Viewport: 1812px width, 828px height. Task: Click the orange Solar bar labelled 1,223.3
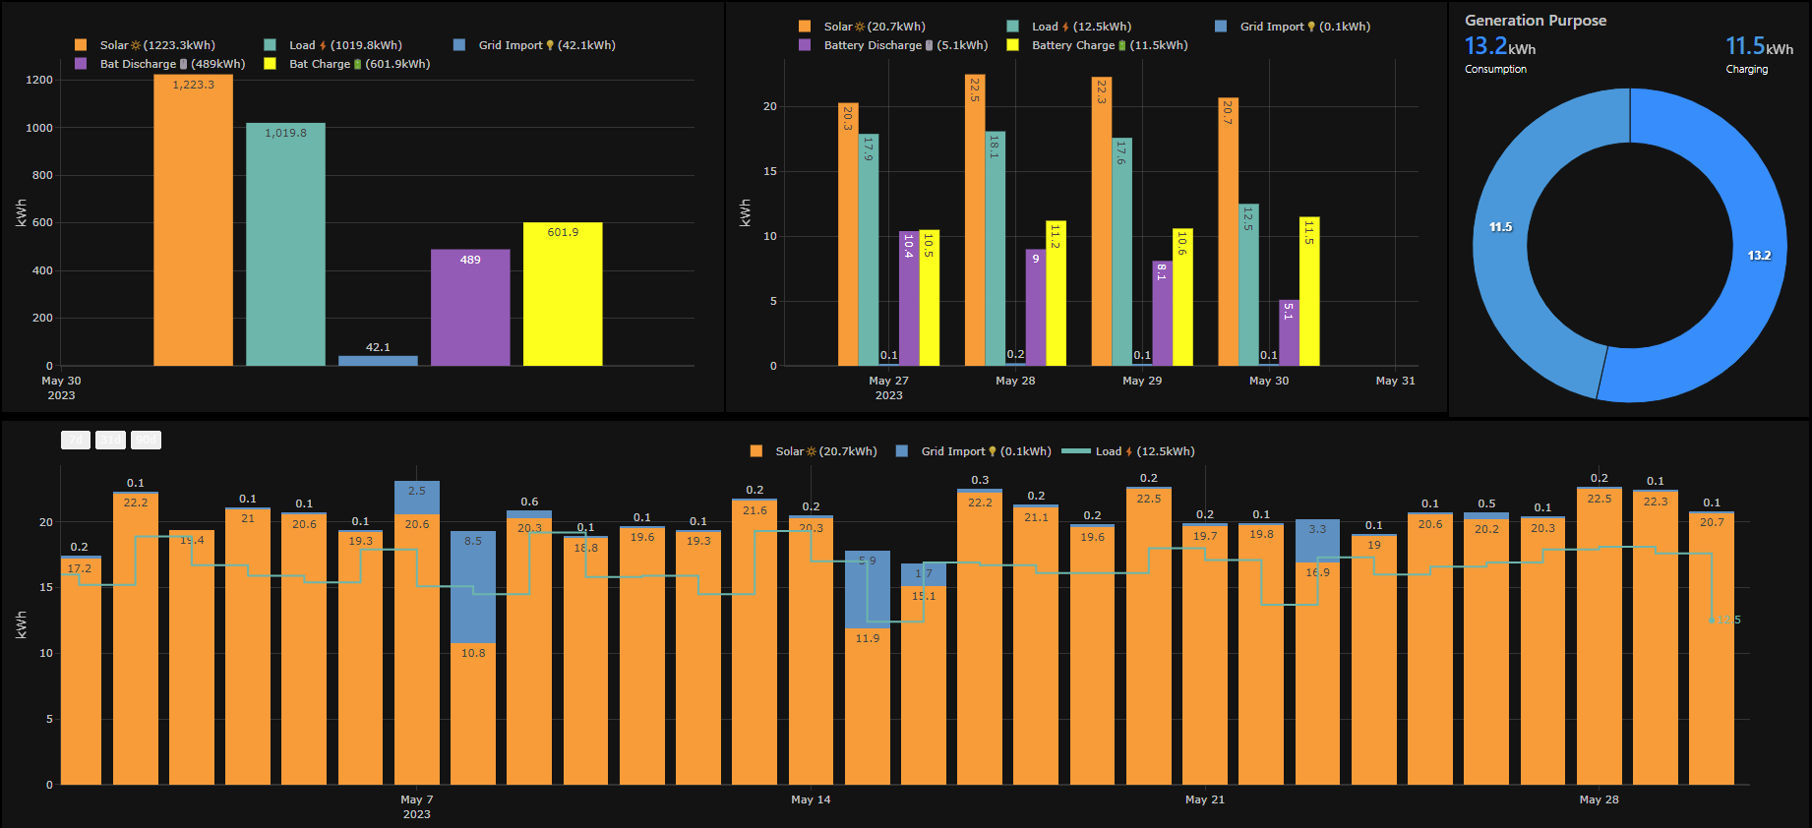pos(193,221)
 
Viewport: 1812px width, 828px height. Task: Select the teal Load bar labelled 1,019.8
pos(285,246)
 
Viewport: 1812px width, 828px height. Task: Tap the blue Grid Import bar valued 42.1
pos(378,360)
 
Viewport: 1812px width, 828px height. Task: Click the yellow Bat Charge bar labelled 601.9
pos(563,295)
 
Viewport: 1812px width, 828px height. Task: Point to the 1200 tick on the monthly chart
pos(39,80)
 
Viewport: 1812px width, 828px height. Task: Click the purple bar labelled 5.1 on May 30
pos(1289,334)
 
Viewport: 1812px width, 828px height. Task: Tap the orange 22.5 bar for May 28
pos(975,221)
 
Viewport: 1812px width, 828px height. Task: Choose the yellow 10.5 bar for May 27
pos(929,300)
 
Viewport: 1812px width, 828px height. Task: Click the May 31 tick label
pos(1395,381)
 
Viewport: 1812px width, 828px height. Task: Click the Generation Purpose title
pos(1535,21)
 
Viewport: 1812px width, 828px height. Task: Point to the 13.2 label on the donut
pos(1759,256)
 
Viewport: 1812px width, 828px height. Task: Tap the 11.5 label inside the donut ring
pos(1500,227)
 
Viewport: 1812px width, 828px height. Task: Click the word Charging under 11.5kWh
pos(1746,70)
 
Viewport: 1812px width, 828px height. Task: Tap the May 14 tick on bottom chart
pos(811,799)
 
